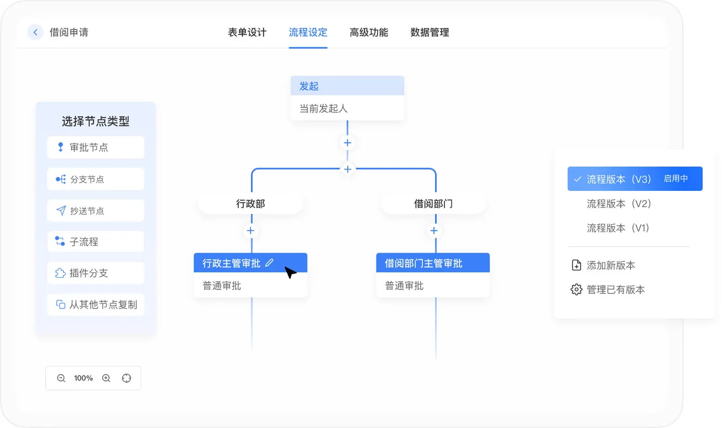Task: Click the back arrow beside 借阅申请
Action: point(35,32)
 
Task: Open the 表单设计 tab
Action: point(247,32)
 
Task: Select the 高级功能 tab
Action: point(369,32)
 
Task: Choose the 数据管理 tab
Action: point(430,32)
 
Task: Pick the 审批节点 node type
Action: point(96,147)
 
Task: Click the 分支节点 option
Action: point(96,179)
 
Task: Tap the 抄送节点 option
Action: point(96,211)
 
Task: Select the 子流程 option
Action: point(96,242)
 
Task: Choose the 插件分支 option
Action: point(96,273)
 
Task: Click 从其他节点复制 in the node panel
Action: point(96,305)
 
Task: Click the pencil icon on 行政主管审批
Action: point(270,263)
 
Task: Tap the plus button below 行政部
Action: point(250,230)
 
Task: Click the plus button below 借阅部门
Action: point(434,230)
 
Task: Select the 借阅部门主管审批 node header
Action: point(433,263)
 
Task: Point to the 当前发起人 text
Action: point(324,108)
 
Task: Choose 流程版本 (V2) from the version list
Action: point(618,203)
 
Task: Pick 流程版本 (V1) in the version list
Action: point(618,228)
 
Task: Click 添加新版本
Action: point(611,265)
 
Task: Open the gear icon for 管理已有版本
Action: point(576,289)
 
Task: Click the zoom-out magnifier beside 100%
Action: point(61,378)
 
